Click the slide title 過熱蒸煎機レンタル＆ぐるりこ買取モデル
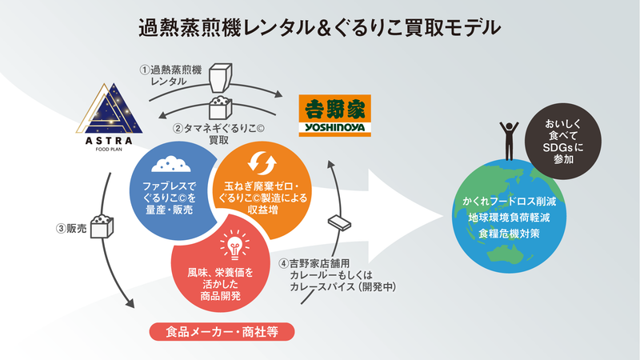[x=319, y=27]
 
